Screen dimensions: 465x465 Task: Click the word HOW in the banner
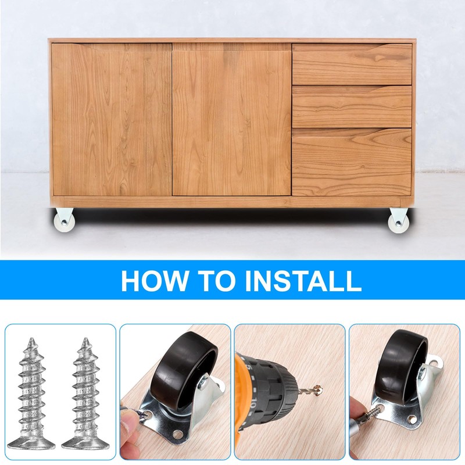click(155, 281)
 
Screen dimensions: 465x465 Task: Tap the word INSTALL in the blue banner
click(303, 281)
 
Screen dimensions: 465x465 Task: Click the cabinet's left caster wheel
click(63, 219)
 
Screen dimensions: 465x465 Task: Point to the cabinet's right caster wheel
click(399, 221)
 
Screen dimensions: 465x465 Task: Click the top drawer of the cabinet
click(352, 64)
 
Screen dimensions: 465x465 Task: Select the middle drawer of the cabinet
click(352, 106)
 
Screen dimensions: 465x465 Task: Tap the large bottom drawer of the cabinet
click(352, 162)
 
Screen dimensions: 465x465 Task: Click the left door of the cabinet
click(112, 120)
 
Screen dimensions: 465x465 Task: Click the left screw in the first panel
click(31, 394)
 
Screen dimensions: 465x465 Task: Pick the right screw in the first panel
click(85, 394)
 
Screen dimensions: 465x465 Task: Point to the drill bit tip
click(318, 388)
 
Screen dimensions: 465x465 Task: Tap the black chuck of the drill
click(274, 386)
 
